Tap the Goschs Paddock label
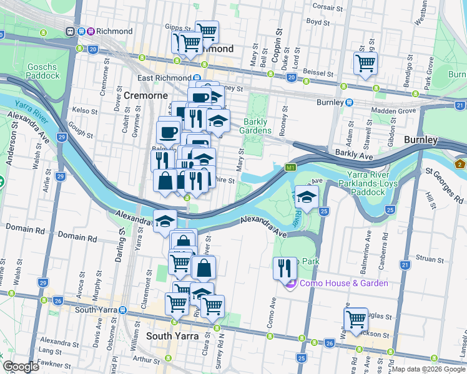click(x=43, y=71)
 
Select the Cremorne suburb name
click(x=145, y=95)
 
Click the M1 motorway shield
click(x=290, y=168)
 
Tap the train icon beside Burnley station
click(x=350, y=102)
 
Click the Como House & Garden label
click(x=343, y=283)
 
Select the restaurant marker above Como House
click(x=285, y=268)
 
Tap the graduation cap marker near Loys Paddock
click(x=307, y=197)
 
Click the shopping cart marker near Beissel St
click(x=365, y=62)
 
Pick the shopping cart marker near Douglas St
click(x=356, y=319)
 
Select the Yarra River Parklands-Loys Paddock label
click(x=370, y=188)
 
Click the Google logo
click(x=21, y=367)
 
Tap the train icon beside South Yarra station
click(x=124, y=310)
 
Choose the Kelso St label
click(x=82, y=110)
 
